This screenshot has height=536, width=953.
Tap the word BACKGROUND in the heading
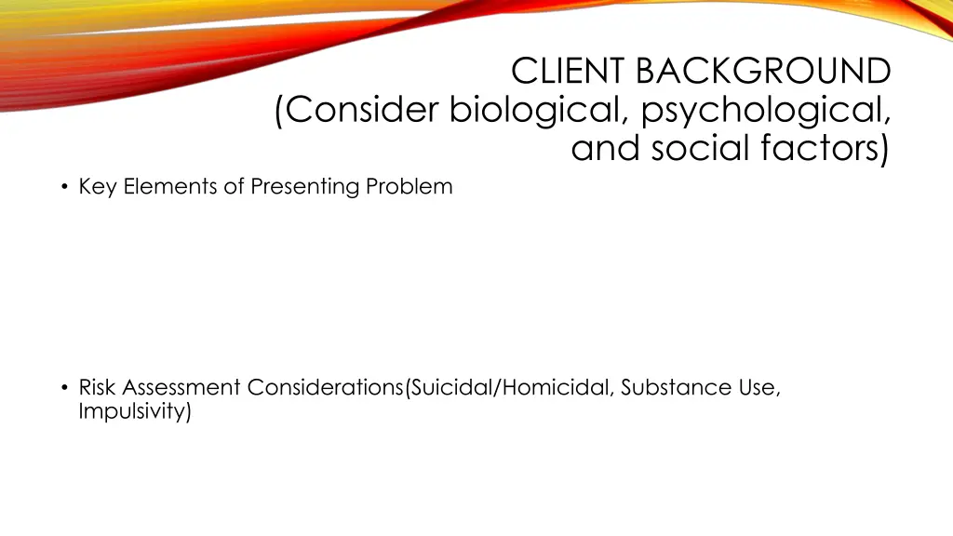(x=764, y=71)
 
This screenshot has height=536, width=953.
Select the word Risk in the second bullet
(x=98, y=387)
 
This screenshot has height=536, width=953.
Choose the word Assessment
(x=181, y=387)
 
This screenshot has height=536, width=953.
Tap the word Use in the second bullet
(x=760, y=387)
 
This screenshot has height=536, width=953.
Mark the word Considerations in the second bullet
(x=325, y=387)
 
